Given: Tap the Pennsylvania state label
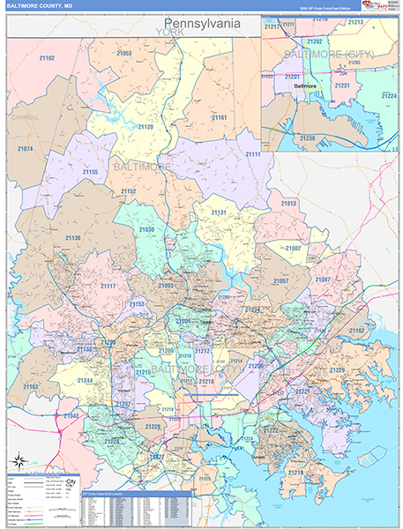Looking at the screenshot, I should pos(204,24).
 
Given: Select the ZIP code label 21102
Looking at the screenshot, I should pos(46,58).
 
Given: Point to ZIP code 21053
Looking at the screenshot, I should pos(123,53).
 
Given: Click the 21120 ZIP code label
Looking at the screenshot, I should pos(145,127).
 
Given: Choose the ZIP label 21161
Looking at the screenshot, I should pos(219,116).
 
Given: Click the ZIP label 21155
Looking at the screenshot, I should pos(90,171).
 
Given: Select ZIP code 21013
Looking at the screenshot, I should pos(288,203).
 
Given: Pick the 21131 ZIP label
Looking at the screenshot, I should pos(219,212).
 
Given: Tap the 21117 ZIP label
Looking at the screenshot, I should pos(108,286).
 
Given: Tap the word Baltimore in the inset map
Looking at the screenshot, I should pos(304,86).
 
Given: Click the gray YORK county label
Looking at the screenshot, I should pos(166,32).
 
